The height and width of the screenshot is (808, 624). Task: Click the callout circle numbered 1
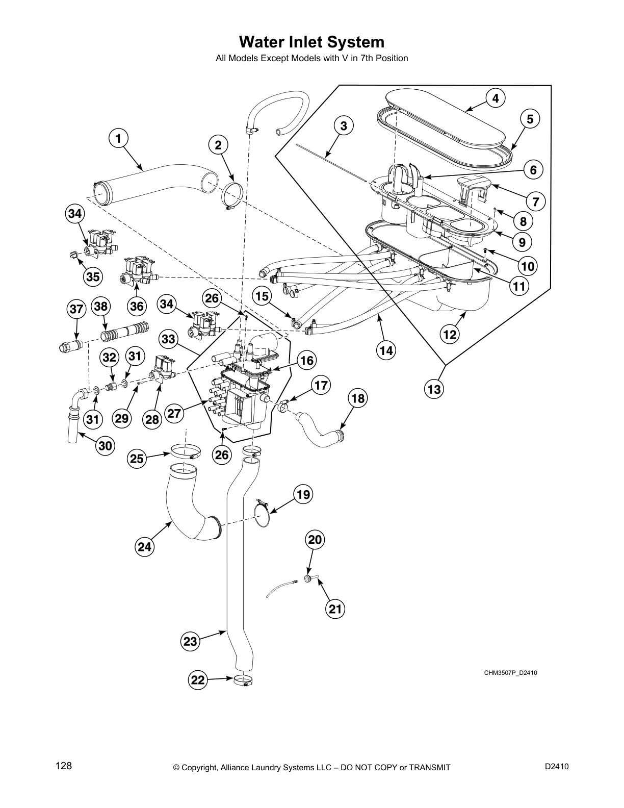click(118, 138)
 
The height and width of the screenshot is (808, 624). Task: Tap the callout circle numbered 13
click(434, 389)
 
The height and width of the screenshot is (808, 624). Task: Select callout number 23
click(190, 641)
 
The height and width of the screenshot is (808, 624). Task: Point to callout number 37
click(76, 309)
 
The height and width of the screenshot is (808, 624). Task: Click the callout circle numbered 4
click(495, 98)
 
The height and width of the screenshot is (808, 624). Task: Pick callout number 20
click(315, 540)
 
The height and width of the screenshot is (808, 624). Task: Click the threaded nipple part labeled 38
click(124, 333)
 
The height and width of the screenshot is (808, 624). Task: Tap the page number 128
click(64, 766)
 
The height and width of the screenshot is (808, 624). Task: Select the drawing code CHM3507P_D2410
click(510, 672)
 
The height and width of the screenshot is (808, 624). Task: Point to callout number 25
click(137, 459)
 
